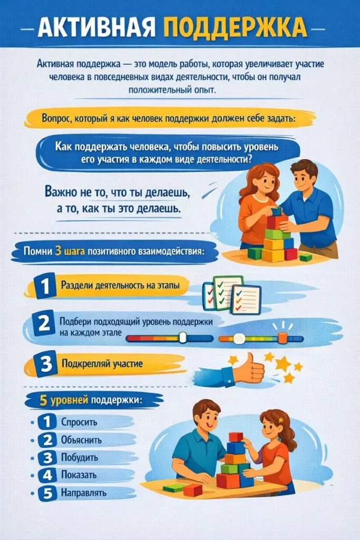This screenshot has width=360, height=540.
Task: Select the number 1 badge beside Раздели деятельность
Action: (x=45, y=287)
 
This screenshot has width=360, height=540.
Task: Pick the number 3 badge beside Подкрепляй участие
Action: (x=45, y=364)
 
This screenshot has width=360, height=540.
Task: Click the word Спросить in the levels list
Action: (x=79, y=422)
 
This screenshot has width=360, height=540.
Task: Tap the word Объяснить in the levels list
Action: (x=82, y=440)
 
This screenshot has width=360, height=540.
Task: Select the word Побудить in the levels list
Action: (x=80, y=458)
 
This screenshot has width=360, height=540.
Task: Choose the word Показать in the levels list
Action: (x=79, y=475)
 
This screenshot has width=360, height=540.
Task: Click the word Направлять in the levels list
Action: (x=84, y=493)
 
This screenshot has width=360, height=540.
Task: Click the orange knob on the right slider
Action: (x=282, y=338)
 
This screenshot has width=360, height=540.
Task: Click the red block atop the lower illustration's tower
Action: (x=236, y=437)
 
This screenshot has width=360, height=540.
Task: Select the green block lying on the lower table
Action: (x=173, y=487)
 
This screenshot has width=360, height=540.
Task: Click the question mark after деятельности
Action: (x=249, y=158)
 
